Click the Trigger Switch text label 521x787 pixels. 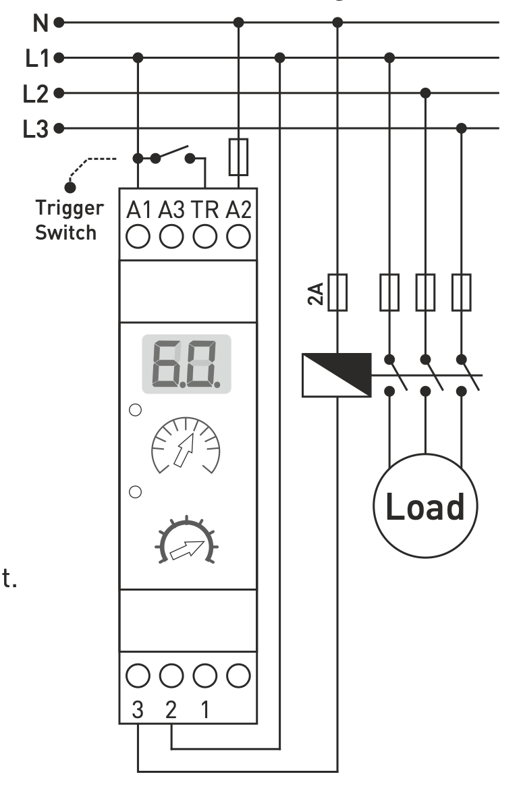point(70,220)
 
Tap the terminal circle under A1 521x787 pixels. point(138,236)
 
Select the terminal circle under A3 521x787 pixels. point(171,236)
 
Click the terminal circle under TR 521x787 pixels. point(204,236)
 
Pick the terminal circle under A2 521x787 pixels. point(238,236)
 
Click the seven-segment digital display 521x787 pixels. point(186,364)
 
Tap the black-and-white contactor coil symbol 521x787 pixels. point(337,375)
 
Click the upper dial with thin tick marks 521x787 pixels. point(185,445)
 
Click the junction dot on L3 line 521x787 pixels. point(462,128)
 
